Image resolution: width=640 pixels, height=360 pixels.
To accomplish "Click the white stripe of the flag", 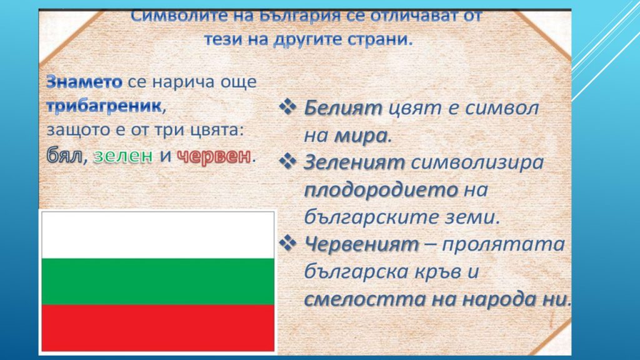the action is [x=158, y=235].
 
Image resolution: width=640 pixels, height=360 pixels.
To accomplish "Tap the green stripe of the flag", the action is [x=158, y=282].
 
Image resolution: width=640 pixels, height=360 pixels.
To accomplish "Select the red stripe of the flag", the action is [x=158, y=327].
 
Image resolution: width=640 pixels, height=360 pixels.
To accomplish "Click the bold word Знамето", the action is [x=84, y=82].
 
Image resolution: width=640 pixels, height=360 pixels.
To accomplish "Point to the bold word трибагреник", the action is [x=104, y=106].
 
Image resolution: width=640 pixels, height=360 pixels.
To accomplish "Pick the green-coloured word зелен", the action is [x=123, y=156].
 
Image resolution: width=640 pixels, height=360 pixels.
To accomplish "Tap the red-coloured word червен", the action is [x=214, y=156].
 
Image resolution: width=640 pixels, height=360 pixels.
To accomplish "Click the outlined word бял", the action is [x=64, y=155].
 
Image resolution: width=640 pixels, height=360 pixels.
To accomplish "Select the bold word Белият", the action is [x=343, y=108].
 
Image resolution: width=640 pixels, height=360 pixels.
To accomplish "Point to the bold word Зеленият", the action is [x=354, y=162].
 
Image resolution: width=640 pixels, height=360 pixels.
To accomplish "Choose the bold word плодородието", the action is [x=381, y=190].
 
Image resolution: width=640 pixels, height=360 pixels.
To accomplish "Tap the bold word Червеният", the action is [x=362, y=245].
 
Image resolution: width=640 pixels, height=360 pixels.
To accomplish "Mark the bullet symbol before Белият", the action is [x=287, y=107].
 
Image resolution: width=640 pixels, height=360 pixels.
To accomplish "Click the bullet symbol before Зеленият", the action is [x=287, y=161].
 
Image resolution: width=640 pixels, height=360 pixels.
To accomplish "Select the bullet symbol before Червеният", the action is [x=287, y=243].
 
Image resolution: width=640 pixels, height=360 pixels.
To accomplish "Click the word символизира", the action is [x=477, y=163].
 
